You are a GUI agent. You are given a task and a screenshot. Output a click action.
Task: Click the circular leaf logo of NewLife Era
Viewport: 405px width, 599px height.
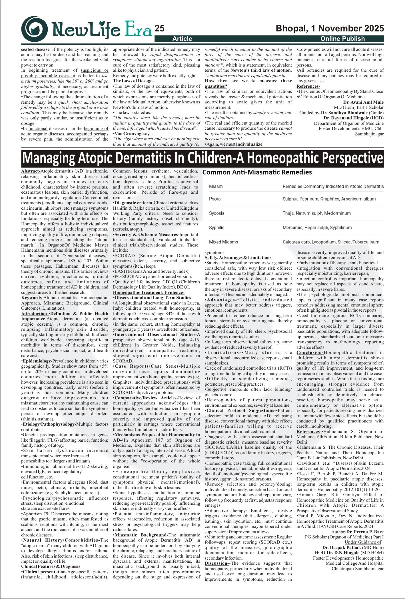pyautogui.click(x=35, y=29)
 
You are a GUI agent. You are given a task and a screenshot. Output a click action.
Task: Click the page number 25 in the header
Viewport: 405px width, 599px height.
pyautogui.click(x=160, y=29)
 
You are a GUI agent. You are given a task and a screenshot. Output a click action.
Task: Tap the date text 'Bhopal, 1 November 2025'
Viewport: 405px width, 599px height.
pyautogui.click(x=330, y=29)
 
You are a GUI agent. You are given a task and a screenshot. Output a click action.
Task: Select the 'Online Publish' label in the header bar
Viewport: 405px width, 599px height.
pyautogui.click(x=342, y=39)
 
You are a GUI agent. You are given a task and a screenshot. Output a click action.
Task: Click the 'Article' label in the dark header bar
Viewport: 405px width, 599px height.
pyautogui.click(x=182, y=39)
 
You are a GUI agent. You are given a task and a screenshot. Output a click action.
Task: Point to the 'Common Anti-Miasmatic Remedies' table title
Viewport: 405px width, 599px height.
pyautogui.click(x=257, y=172)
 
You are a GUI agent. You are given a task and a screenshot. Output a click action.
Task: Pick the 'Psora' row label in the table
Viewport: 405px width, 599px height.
pyautogui.click(x=215, y=199)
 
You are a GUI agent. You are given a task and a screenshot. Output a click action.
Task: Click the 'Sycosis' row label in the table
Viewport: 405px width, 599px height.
pyautogui.click(x=216, y=213)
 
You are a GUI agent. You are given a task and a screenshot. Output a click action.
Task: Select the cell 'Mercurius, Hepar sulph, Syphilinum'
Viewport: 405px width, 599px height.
pyautogui.click(x=317, y=228)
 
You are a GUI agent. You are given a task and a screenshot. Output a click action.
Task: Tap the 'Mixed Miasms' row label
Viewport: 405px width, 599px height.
pyautogui.click(x=223, y=242)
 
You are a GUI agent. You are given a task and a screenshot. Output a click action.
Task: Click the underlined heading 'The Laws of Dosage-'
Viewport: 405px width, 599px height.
pyautogui.click(x=133, y=81)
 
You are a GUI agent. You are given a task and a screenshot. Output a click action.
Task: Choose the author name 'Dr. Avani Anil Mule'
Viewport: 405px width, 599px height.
pyautogui.click(x=363, y=102)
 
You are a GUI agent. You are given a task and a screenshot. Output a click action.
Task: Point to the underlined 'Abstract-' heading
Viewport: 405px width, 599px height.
pyautogui.click(x=31, y=171)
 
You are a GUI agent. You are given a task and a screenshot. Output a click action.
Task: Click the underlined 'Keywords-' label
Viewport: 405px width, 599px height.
pyautogui.click(x=32, y=298)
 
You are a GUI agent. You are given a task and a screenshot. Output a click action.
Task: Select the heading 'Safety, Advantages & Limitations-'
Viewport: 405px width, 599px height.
pyautogui.click(x=239, y=258)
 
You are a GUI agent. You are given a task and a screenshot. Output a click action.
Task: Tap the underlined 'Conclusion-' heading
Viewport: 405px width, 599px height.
pyautogui.click(x=310, y=352)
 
